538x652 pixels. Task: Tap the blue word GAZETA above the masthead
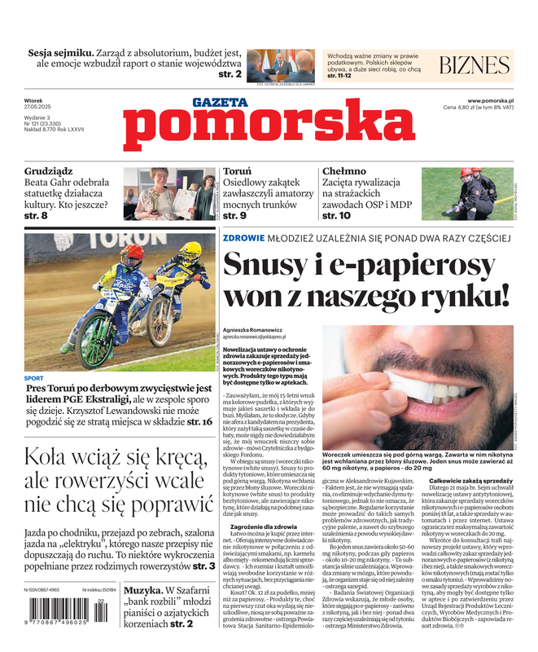point(220,103)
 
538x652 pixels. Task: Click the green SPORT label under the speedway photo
point(34,378)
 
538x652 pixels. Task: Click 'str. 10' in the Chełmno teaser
point(336,216)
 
